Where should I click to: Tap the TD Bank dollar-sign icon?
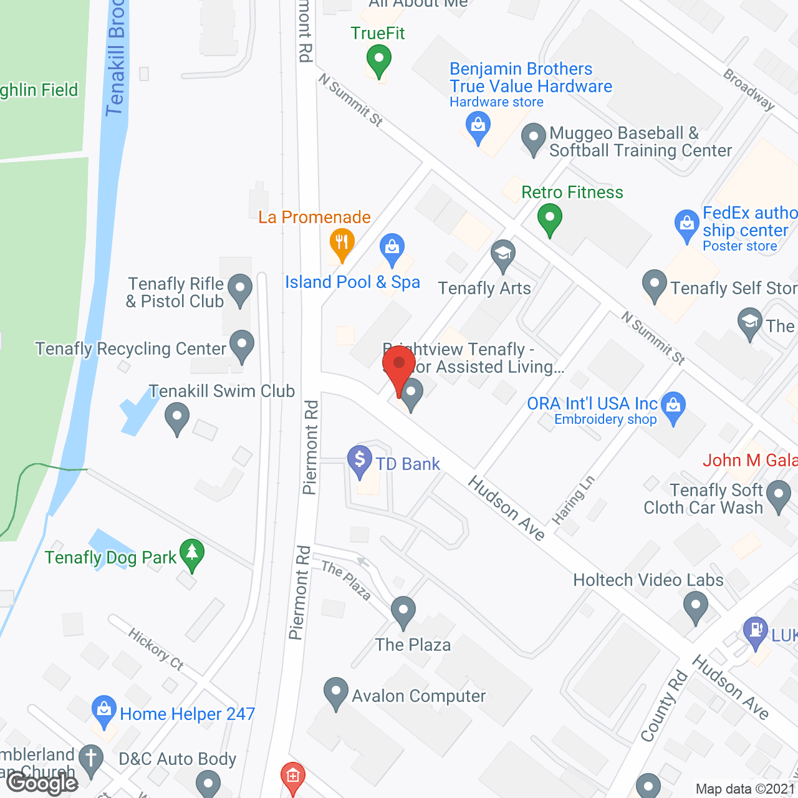[x=360, y=460]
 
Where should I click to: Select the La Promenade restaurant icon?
[x=342, y=241]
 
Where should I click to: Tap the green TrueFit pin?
[x=378, y=61]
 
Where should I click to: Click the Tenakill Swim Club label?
[x=222, y=391]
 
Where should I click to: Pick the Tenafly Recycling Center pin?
[x=242, y=345]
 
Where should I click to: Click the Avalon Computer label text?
[x=418, y=696]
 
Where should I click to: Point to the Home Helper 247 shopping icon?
[x=104, y=709]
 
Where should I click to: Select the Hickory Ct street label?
[x=156, y=649]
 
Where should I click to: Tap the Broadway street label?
[x=749, y=90]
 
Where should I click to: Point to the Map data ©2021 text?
[x=745, y=789]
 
